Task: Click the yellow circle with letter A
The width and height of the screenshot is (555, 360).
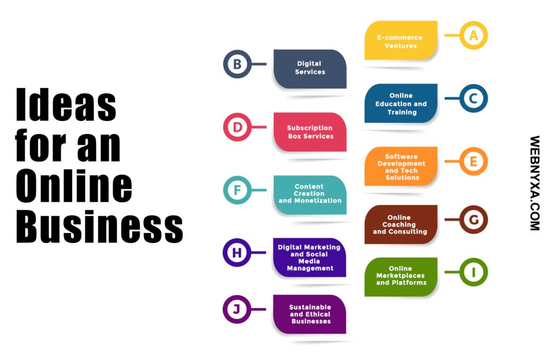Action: pyautogui.click(x=474, y=35)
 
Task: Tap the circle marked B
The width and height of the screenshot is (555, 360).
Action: pyautogui.click(x=237, y=64)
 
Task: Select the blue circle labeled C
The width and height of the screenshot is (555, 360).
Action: pyautogui.click(x=474, y=99)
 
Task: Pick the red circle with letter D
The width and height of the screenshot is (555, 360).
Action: pyautogui.click(x=237, y=127)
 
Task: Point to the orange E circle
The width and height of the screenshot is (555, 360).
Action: pyautogui.click(x=474, y=162)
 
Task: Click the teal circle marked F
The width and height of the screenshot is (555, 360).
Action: pyautogui.click(x=237, y=190)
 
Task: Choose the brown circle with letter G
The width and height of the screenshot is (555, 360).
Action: pyautogui.click(x=474, y=220)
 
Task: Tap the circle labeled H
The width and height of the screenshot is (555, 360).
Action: pyautogui.click(x=237, y=253)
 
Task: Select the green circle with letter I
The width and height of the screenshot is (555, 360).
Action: pyautogui.click(x=474, y=272)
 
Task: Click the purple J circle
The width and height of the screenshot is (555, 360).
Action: pyautogui.click(x=237, y=310)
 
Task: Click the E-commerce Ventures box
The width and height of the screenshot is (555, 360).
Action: pyautogui.click(x=401, y=40)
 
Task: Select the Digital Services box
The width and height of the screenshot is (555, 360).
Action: pyautogui.click(x=310, y=69)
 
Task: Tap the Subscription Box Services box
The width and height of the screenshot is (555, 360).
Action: pyautogui.click(x=310, y=132)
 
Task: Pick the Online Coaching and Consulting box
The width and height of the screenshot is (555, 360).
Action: pyautogui.click(x=401, y=224)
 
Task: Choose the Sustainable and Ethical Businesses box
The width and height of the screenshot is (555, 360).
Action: pyautogui.click(x=309, y=314)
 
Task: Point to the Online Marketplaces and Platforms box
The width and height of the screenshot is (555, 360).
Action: pyautogui.click(x=401, y=277)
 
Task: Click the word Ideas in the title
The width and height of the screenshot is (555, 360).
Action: pyautogui.click(x=66, y=105)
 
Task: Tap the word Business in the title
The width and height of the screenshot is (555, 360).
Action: pyautogui.click(x=100, y=226)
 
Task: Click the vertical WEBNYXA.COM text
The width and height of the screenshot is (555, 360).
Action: pyautogui.click(x=535, y=183)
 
